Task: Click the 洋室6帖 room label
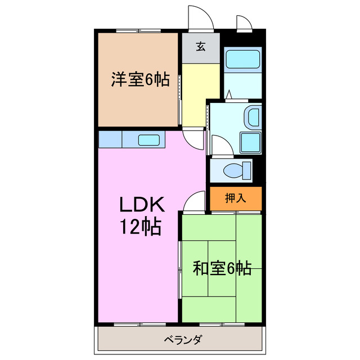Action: (139, 80)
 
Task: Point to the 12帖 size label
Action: (139, 227)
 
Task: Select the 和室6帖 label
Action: (222, 269)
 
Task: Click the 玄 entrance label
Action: (200, 48)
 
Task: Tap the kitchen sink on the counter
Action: (149, 139)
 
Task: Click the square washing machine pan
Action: (250, 143)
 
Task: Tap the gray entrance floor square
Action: (200, 48)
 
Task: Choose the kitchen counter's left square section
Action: (110, 139)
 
